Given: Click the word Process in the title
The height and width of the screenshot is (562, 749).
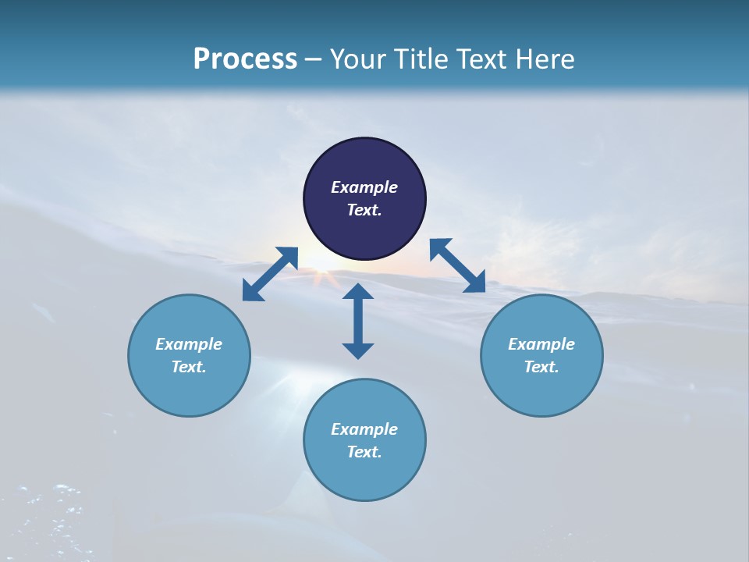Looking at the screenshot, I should (x=245, y=59).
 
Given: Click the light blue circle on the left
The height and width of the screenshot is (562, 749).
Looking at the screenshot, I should (x=189, y=355).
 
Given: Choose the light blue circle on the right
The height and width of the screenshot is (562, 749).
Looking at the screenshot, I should (x=541, y=355).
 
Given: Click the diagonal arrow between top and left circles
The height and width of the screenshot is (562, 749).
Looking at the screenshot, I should (x=270, y=274).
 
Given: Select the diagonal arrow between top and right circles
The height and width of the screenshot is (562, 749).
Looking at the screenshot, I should (x=457, y=265).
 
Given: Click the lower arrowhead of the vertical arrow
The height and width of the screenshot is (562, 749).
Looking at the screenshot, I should (x=358, y=350).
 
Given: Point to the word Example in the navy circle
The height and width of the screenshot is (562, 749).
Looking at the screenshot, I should (x=364, y=187).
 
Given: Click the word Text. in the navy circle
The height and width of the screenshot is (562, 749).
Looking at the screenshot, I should (x=364, y=210).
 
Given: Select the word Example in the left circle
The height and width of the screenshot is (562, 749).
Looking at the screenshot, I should (x=189, y=344).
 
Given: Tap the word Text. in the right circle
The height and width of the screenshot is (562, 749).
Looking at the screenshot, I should (x=541, y=367).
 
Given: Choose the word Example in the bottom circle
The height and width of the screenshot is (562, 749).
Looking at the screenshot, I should (x=364, y=429).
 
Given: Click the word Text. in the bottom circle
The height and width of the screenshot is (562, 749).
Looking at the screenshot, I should (x=364, y=452).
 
